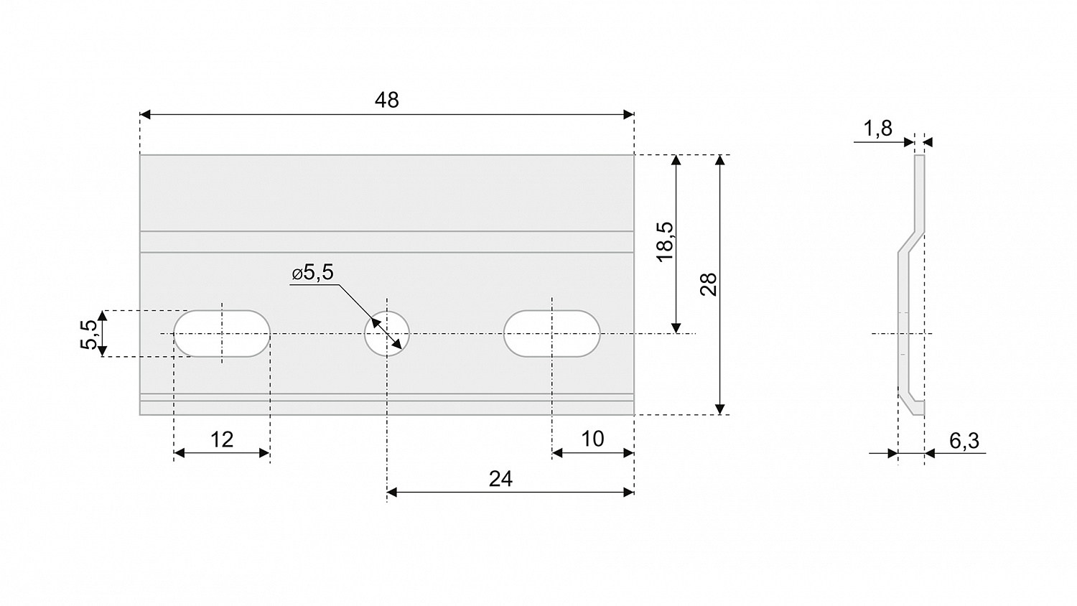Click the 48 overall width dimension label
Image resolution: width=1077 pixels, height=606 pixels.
pos(386,100)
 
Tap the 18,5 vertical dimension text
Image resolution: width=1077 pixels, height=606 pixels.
pos(666,242)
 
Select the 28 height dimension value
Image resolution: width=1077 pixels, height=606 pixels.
pos(709,284)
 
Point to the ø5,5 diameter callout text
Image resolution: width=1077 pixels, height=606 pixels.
pos(312,273)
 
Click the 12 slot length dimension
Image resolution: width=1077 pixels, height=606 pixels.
pos(222,439)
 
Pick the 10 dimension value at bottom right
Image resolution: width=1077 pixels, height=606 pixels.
pos(592,439)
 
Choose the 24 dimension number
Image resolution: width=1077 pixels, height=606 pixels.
pos(500,479)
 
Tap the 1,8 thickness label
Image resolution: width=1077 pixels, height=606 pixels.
pos(878,129)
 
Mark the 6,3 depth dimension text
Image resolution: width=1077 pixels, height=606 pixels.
pos(964,441)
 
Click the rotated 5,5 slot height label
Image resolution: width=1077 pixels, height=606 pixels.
pos(89,335)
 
